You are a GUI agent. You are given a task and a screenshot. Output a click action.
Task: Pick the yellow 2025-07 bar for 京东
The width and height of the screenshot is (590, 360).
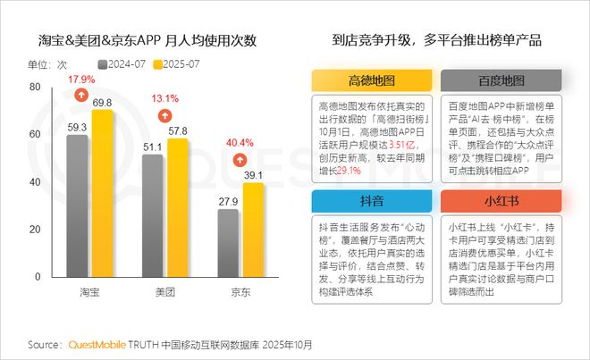(254, 235)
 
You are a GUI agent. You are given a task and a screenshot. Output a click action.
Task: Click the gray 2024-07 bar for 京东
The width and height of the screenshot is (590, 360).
(229, 247)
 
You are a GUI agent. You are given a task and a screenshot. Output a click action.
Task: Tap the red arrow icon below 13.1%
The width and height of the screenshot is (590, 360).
(164, 115)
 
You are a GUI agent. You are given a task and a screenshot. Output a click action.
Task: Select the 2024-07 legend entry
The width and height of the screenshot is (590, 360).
(124, 64)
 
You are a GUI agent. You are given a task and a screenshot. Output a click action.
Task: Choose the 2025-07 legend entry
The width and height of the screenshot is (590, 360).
(181, 64)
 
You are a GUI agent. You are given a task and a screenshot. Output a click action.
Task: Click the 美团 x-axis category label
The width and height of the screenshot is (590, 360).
(164, 292)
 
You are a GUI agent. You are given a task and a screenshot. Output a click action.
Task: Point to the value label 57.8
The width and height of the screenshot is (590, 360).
(178, 131)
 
